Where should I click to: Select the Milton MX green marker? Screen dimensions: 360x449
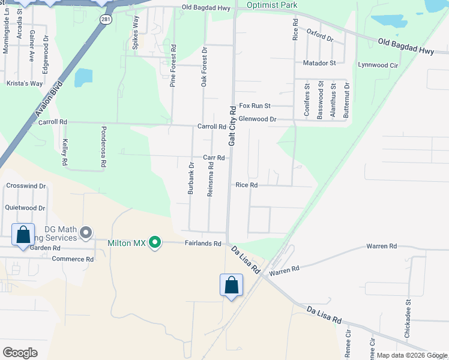[155, 242]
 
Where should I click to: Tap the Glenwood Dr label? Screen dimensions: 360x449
[257, 119]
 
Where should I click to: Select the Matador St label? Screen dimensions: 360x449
[319, 62]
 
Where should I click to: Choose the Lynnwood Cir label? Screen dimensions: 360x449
[378, 64]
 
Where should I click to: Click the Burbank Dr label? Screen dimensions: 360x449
[191, 178]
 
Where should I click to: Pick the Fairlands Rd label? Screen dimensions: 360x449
[203, 244]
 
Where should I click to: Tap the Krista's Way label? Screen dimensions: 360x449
[25, 83]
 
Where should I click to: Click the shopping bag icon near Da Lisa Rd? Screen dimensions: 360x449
[231, 286]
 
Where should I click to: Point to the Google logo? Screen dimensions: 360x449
[20, 353]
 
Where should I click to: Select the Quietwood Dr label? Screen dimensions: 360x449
[25, 208]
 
